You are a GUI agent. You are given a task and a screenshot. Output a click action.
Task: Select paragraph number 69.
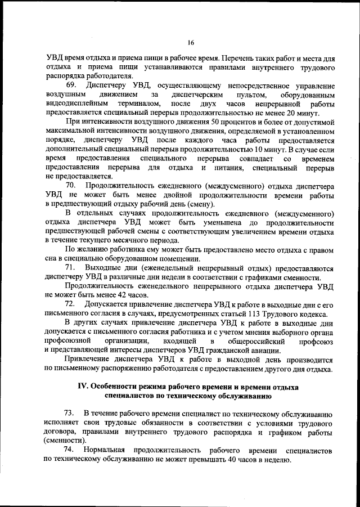pyautogui.click(x=71, y=84)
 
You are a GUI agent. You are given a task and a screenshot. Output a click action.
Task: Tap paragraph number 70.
pyautogui.click(x=71, y=185)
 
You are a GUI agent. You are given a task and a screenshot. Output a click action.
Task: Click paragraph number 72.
pyautogui.click(x=71, y=304)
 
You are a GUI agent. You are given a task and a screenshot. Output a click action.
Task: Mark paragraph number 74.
pyautogui.click(x=71, y=450)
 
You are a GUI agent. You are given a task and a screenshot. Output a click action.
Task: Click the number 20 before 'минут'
pyautogui.click(x=289, y=112)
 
